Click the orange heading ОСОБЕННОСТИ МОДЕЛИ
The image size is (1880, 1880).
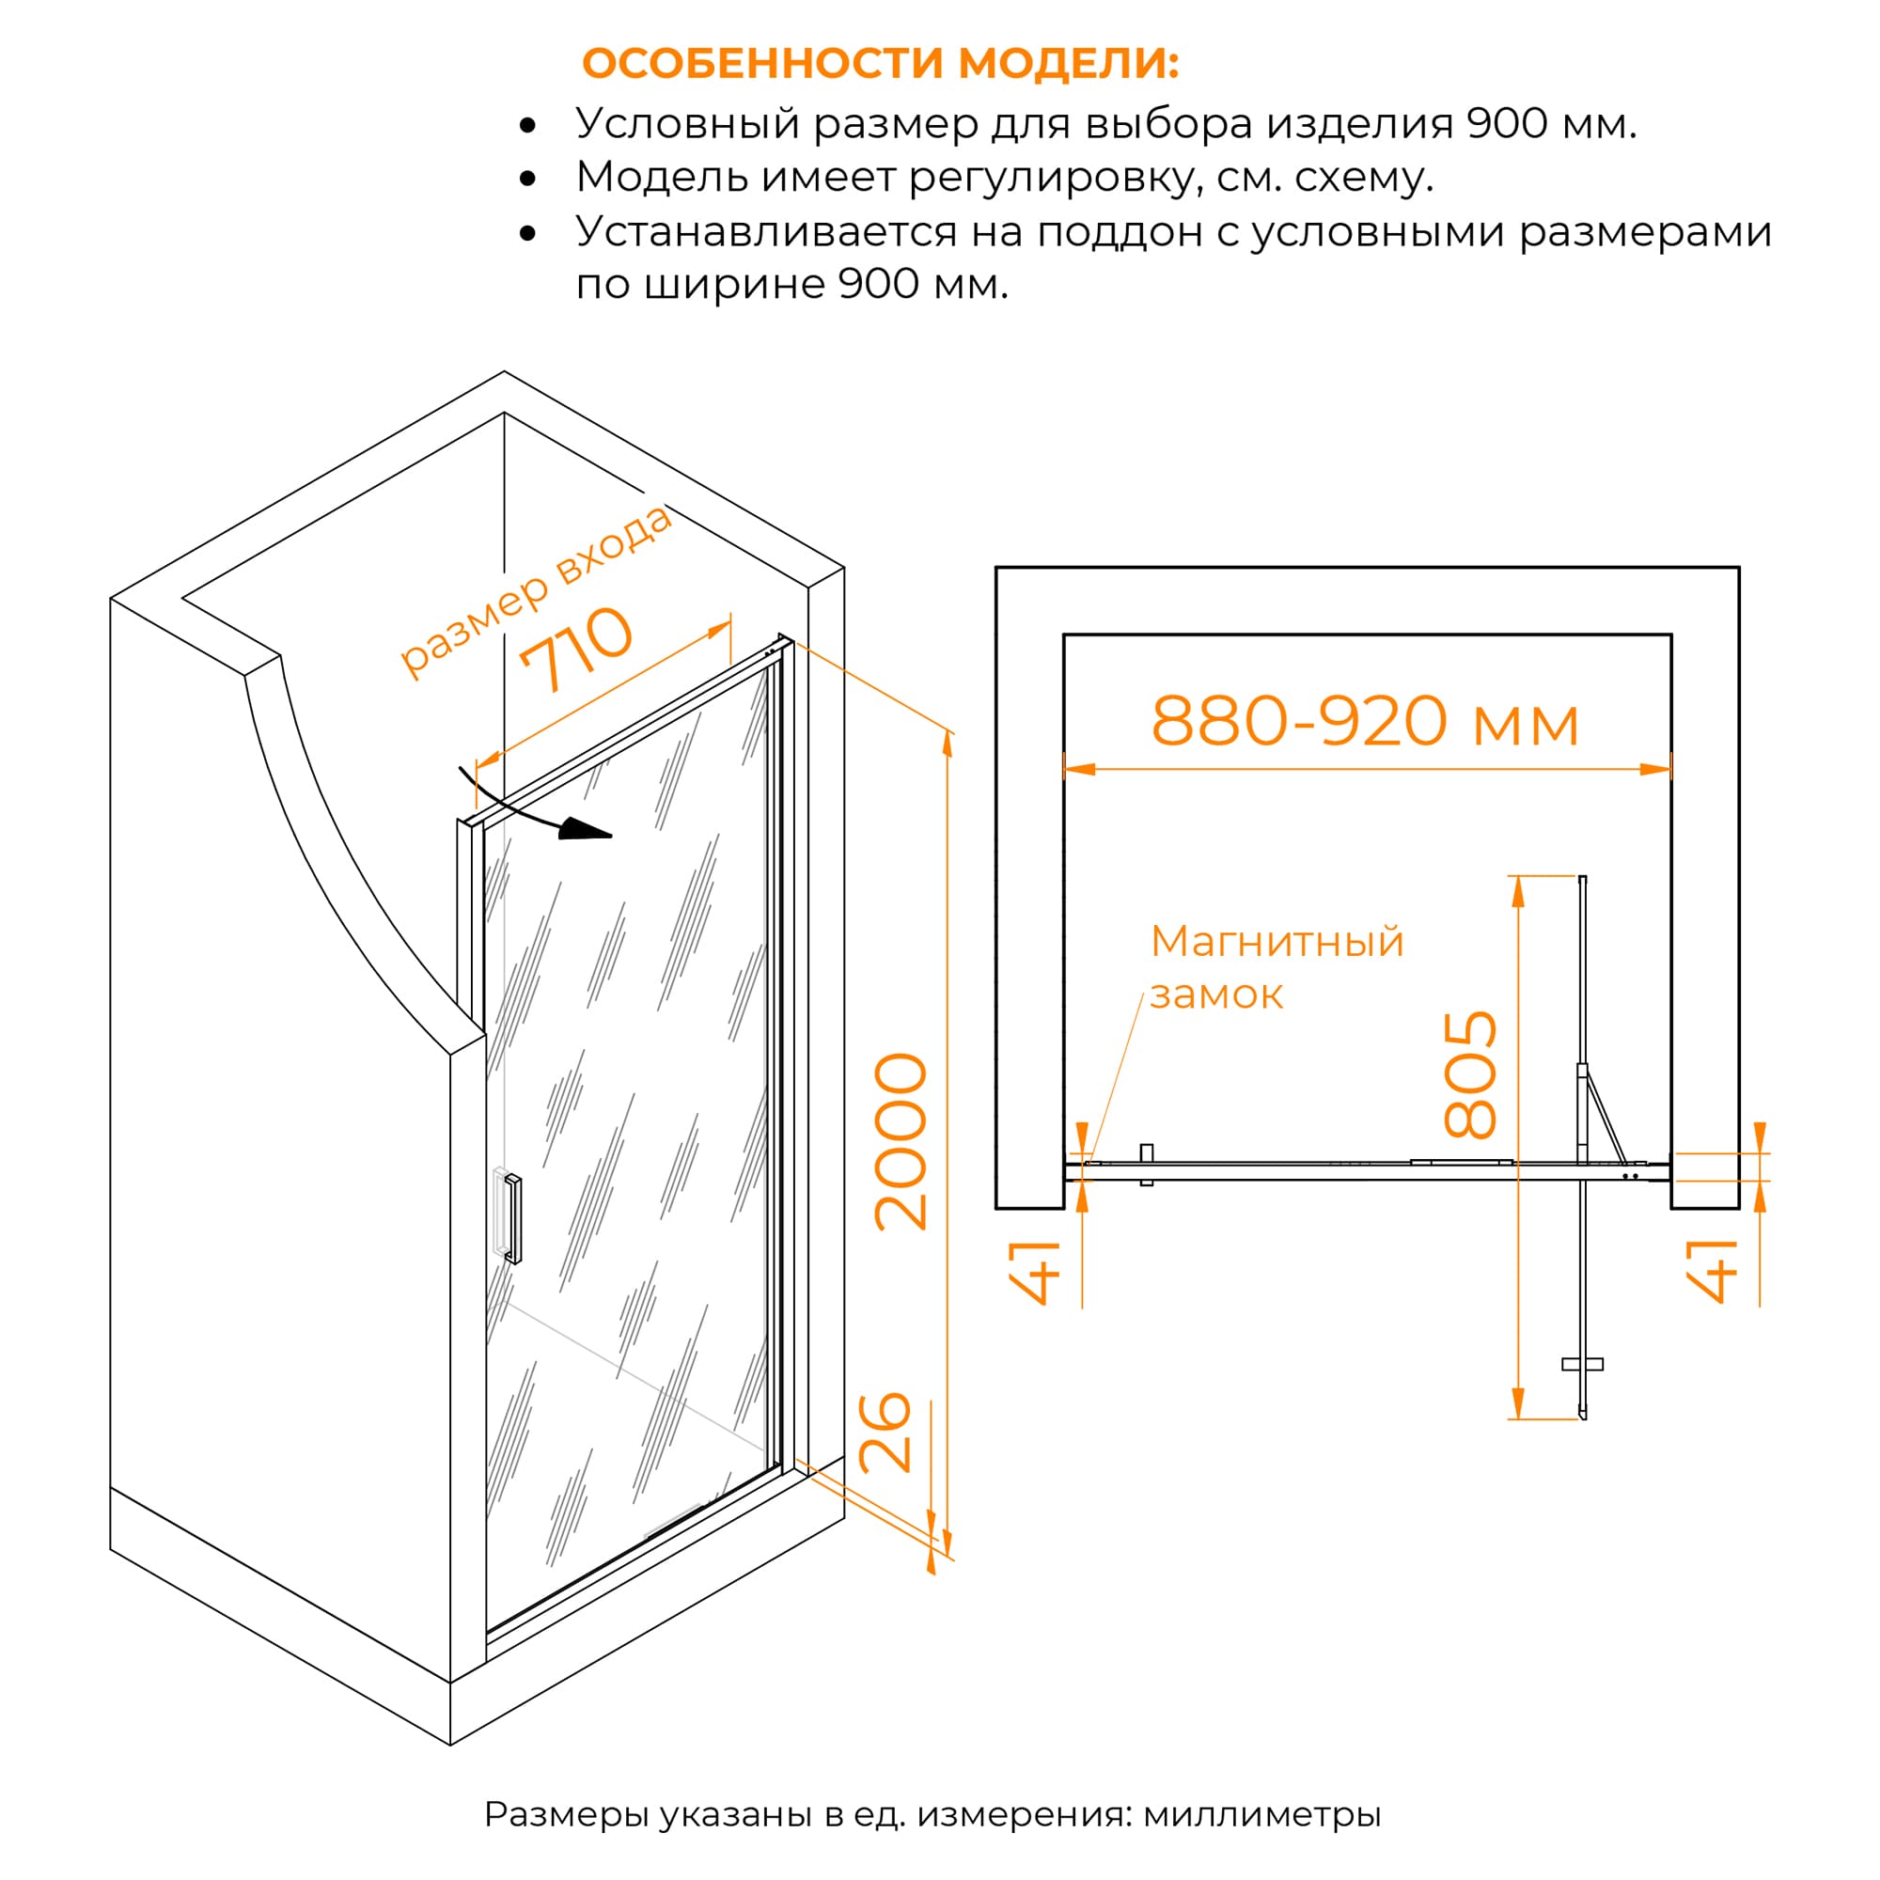coord(880,63)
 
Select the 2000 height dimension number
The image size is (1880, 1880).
coord(901,1141)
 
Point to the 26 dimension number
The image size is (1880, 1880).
coord(885,1433)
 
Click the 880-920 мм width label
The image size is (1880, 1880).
coord(1364,721)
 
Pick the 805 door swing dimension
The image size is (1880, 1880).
coord(1469,1075)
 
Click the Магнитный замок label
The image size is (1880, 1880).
coord(1277,967)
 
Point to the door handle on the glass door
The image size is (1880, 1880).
coord(513,1219)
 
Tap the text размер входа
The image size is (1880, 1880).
coord(536,590)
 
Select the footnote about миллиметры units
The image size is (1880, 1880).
coord(932,1814)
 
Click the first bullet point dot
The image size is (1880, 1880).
coord(527,126)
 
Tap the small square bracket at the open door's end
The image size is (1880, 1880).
coord(1582,1364)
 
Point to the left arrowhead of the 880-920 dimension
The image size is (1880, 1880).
coord(1079,769)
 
